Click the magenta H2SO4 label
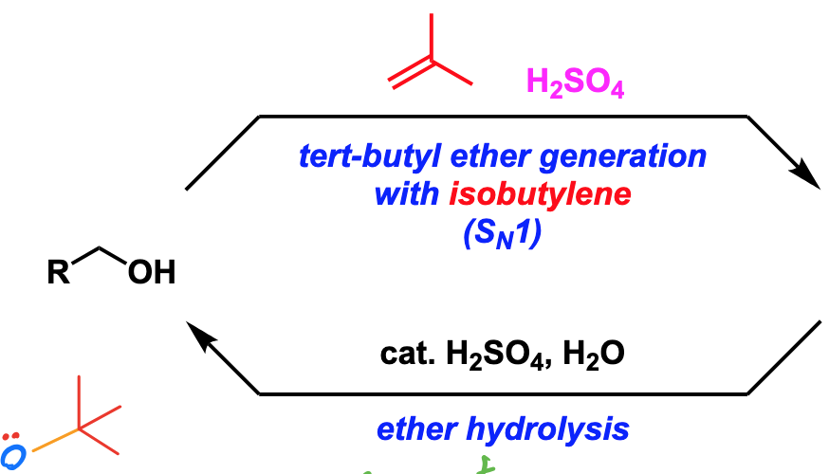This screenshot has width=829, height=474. coord(575,83)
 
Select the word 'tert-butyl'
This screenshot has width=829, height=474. coord(370,157)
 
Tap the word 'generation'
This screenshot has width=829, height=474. coord(623,158)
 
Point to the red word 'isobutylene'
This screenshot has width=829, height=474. coord(540,195)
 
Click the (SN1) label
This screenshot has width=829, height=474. coord(503,233)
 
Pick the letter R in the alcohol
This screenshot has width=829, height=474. coord(58,272)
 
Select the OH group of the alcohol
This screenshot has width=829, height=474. coord(152,272)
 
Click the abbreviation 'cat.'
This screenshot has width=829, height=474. coord(407,354)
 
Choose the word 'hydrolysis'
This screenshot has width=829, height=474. coord(547,430)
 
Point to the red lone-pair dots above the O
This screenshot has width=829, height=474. coord(10,436)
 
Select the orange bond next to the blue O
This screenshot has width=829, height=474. coord(56,440)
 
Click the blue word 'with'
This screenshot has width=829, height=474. coord(407,194)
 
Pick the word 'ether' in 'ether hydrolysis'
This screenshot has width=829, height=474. coord(417,429)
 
